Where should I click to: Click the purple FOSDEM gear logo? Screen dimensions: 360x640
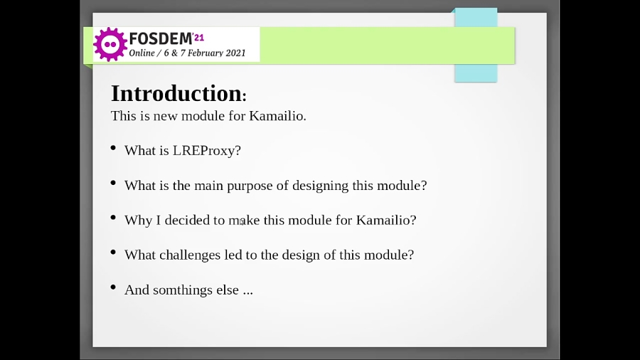pos(110,44)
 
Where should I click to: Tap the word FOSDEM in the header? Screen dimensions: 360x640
pos(160,38)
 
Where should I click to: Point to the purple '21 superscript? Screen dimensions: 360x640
pos(198,36)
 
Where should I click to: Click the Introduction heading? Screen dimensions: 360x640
pos(176,94)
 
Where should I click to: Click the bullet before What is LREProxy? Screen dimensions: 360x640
pos(113,148)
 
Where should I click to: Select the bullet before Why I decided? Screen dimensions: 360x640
pos(113,218)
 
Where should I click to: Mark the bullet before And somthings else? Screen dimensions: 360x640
pos(113,287)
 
